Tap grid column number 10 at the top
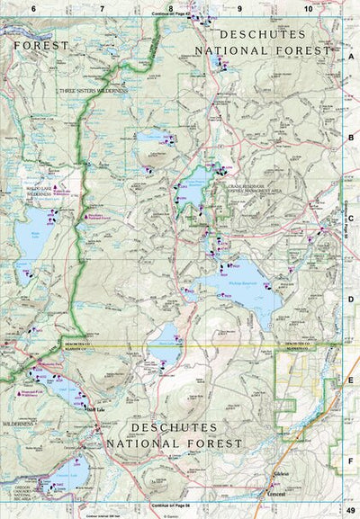pyautogui.click(x=308, y=7)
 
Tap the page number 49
pyautogui.click(x=351, y=511)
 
